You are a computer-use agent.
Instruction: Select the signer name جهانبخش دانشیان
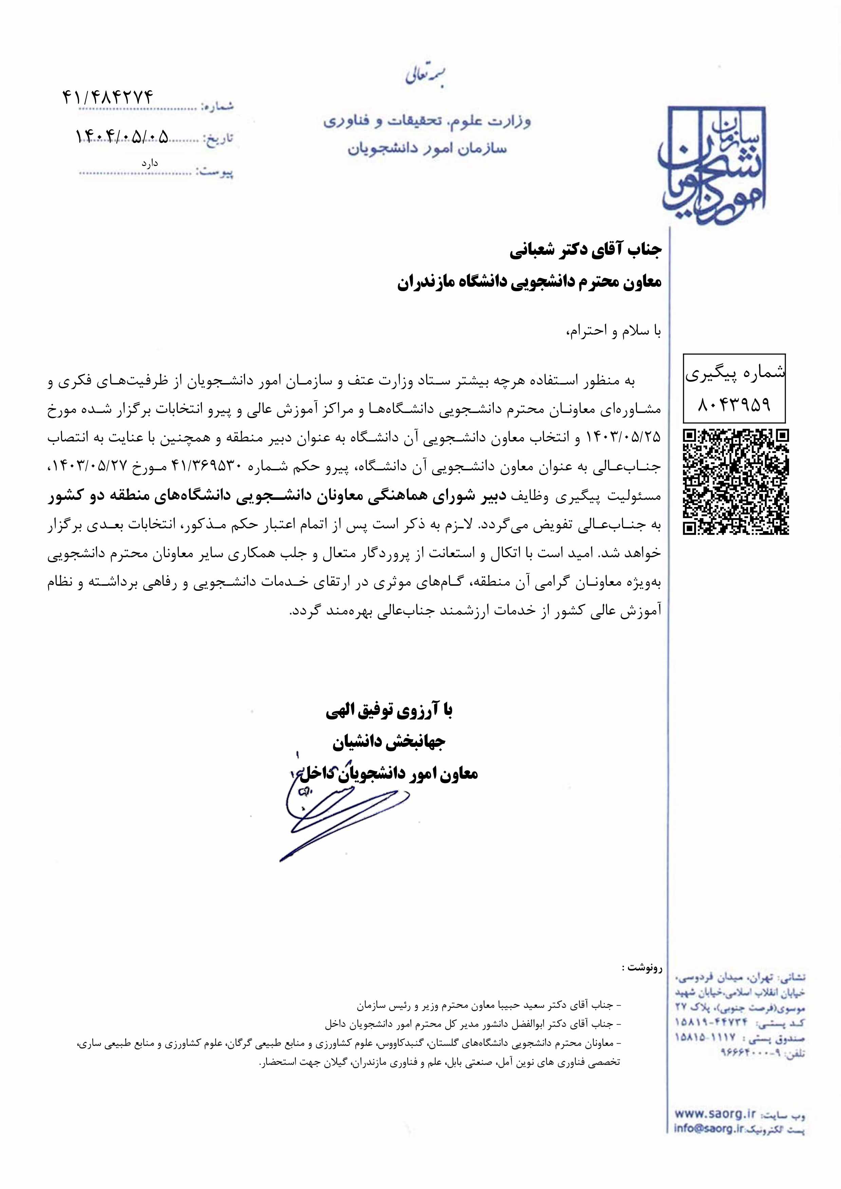[x=388, y=742]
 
